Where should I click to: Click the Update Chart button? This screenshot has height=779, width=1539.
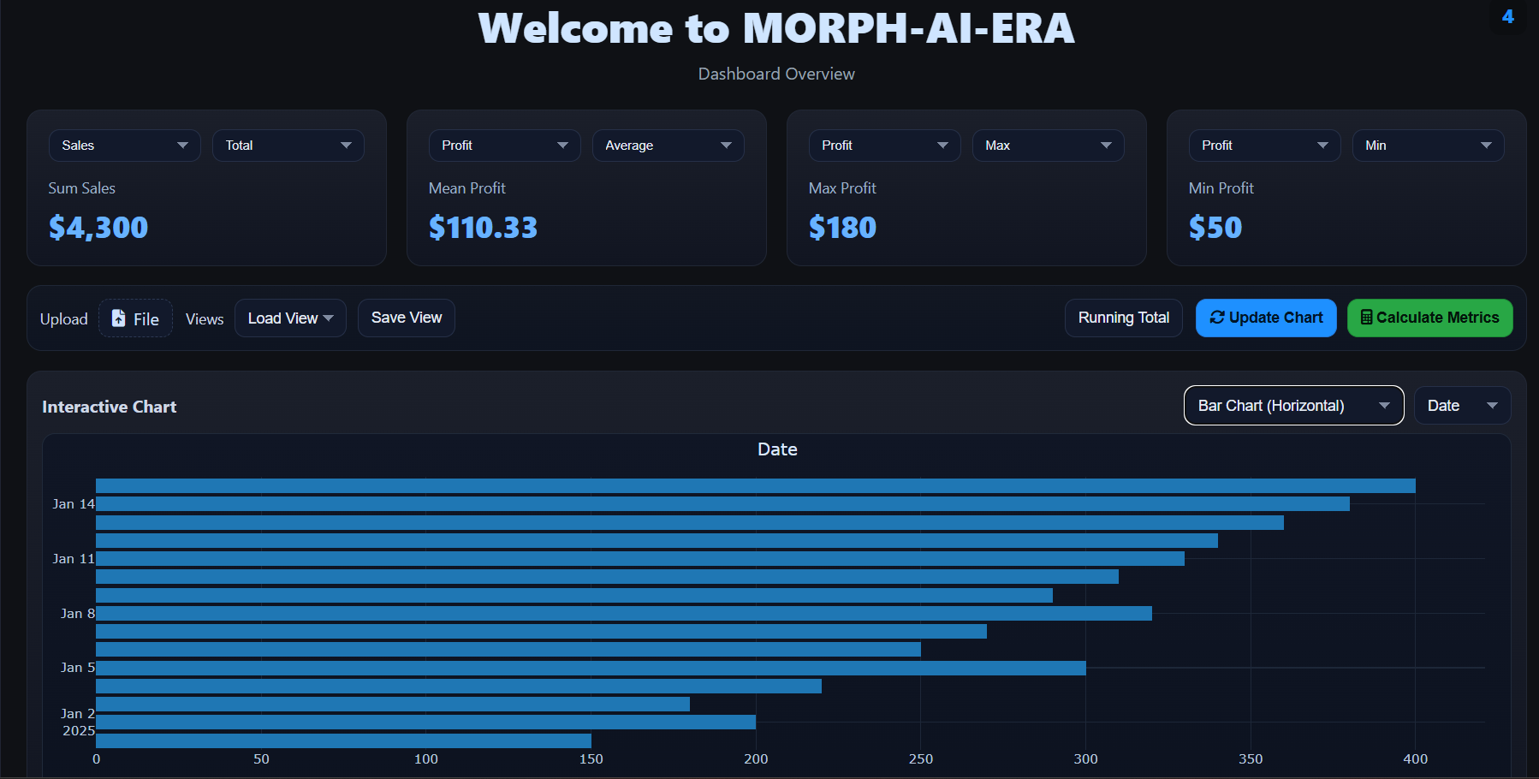pos(1265,318)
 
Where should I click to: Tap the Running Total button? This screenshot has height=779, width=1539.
pos(1123,318)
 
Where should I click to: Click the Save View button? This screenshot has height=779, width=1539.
pos(406,318)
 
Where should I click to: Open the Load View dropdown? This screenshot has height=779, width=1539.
pos(290,318)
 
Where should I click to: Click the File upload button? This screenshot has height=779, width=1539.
pos(136,318)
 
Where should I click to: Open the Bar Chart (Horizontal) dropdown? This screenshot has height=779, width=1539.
pos(1292,406)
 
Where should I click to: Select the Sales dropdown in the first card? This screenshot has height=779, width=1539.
pos(124,146)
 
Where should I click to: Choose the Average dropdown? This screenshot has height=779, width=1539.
pos(667,146)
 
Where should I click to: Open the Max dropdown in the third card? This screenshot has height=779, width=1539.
pos(1047,146)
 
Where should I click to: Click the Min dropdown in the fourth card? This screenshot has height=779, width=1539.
pos(1427,146)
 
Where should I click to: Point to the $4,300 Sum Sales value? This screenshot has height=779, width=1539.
pos(98,228)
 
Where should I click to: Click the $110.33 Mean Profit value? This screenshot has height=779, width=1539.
pos(483,228)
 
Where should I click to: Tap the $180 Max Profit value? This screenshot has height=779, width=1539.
pos(842,228)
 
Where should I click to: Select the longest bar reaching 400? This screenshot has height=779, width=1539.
pos(755,485)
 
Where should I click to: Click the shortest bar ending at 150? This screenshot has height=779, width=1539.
pos(342,740)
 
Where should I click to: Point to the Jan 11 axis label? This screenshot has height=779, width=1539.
pos(73,559)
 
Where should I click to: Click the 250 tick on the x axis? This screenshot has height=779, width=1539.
pos(920,759)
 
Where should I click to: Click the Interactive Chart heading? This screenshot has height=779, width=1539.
pos(109,407)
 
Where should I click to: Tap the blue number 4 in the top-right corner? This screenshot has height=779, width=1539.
pos(1507,17)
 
